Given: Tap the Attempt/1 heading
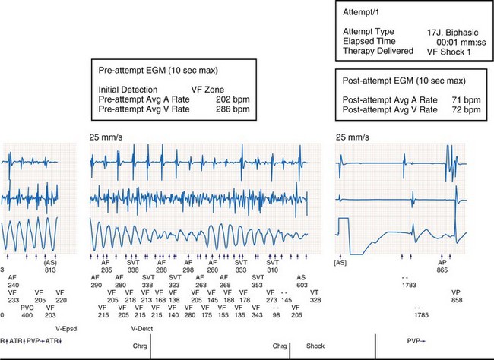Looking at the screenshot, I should click(361, 10).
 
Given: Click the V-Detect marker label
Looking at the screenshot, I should click(143, 329).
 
